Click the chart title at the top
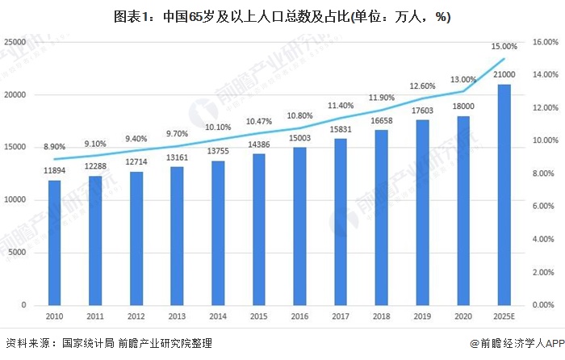pos(282,15)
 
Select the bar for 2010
pos(54,242)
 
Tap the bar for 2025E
pos(504,195)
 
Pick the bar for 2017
pos(341,221)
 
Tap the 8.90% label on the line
pos(54,147)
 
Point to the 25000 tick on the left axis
pos(19,42)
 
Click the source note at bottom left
pos(109,344)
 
